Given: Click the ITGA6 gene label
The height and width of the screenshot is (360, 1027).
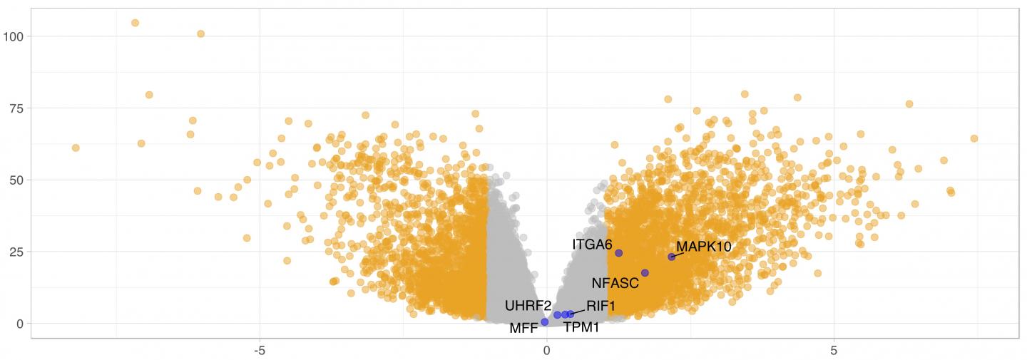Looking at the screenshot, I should pos(592,245).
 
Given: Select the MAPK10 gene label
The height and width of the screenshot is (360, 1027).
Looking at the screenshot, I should pos(703,247).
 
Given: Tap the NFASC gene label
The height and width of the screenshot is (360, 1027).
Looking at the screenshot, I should pos(615,283).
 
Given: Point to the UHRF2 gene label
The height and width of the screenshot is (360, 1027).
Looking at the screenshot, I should pos(528,306).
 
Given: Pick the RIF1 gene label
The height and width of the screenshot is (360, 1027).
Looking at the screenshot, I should pos(601,306).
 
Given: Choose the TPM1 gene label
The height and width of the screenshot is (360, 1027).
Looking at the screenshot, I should pos(581,327).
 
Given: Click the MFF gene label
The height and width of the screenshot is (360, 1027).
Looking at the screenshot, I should pos(523,329).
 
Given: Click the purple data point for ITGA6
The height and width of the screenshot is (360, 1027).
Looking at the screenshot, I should pos(619,253).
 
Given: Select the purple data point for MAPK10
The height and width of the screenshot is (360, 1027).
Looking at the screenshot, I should pos(671,257).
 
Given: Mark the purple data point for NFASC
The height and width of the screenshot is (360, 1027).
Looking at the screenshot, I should pos(645,273).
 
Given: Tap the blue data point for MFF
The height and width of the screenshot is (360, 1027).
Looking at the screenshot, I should pos(545,322).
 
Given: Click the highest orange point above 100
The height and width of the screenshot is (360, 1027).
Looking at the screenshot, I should pos(135,23).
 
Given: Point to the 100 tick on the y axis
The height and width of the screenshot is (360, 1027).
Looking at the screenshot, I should pos(15,36).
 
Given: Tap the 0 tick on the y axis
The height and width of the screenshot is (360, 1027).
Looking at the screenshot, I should pos(21,324).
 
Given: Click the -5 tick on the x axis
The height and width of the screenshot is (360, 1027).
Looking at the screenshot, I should pos(260,351).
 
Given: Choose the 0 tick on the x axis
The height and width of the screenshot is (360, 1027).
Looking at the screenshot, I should pos(547,351).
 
